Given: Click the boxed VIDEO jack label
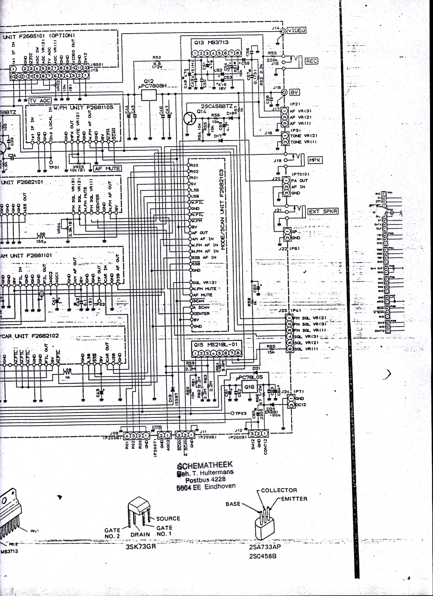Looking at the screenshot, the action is point(297,30).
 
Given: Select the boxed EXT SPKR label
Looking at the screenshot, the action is point(323,211).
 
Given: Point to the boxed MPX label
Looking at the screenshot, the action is point(315,160).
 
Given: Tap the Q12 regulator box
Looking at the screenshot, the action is point(149,95).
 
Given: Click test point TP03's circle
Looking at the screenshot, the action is point(232,413).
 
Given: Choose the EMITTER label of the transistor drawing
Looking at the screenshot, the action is point(294,499).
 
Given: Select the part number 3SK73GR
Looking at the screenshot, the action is point(141,547).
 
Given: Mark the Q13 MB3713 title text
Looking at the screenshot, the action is point(211,42).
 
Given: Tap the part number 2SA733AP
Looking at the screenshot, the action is point(265,547).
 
